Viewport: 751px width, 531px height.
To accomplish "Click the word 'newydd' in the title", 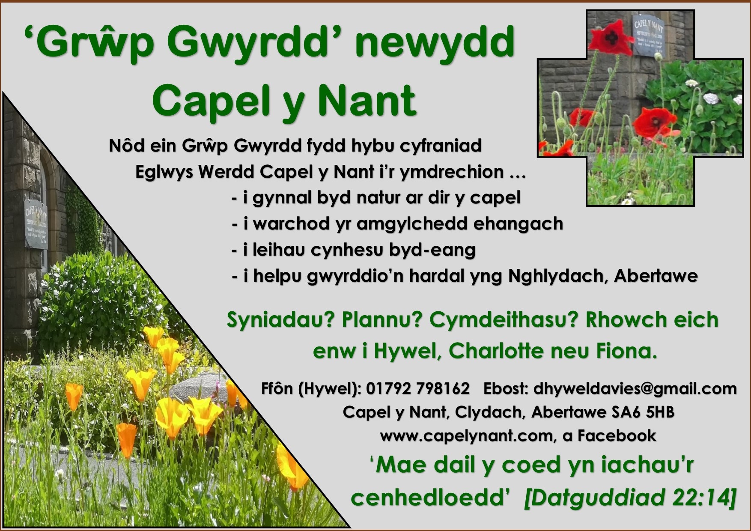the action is tap(434, 43).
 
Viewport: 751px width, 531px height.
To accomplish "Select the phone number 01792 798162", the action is tap(417, 388).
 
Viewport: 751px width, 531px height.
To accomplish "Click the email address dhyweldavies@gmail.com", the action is tap(635, 388).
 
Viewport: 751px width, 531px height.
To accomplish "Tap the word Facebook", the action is tap(617, 436).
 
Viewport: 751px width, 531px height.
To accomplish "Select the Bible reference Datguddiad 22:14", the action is tap(630, 498).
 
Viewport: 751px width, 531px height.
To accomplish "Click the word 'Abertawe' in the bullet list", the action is tap(656, 276).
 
